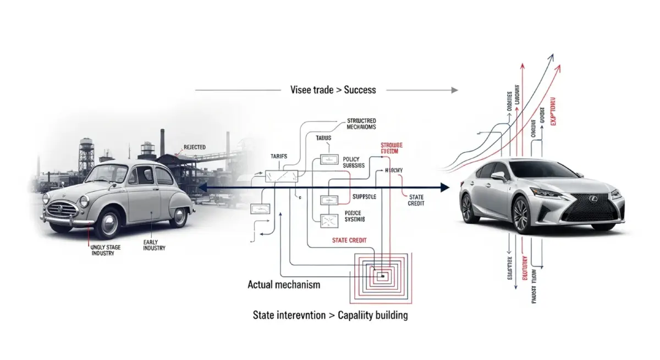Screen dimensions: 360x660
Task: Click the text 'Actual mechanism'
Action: click(284, 285)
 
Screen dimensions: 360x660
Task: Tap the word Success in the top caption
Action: click(360, 90)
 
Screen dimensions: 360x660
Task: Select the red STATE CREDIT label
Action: click(349, 240)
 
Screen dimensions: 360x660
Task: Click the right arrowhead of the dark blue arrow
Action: click(444, 187)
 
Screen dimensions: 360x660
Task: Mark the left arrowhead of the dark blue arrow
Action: click(201, 188)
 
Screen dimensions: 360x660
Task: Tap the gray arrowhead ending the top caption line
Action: click(454, 90)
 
